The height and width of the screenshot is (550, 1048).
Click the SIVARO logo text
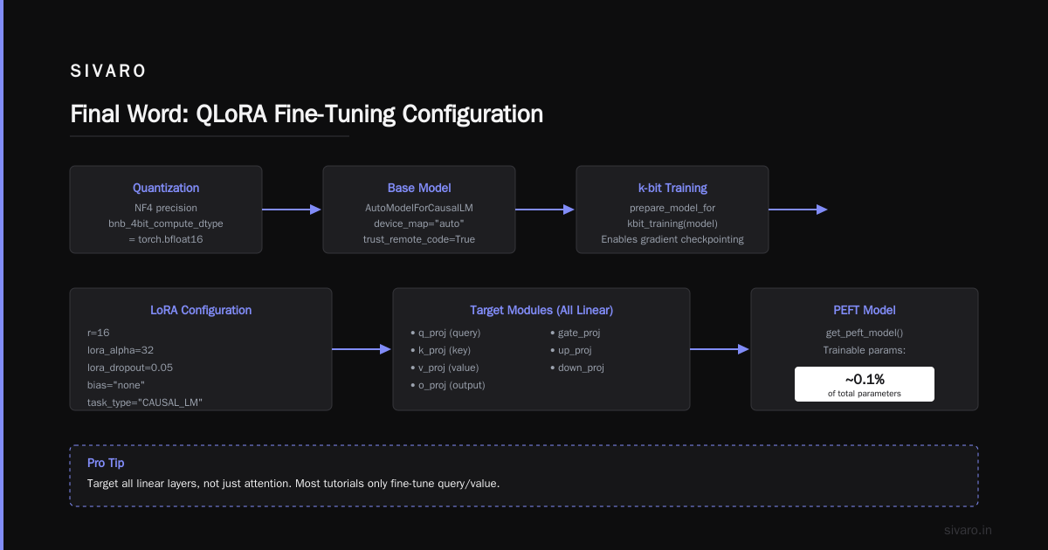107,71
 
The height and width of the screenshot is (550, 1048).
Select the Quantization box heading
166,188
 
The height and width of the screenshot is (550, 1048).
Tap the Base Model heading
419,188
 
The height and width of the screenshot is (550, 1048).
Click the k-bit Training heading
672,188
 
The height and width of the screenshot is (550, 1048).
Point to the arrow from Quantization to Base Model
292,210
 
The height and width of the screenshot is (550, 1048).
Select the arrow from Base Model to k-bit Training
545,210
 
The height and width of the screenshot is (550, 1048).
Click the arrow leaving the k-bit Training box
798,210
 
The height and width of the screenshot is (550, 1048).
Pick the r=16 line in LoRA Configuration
98,333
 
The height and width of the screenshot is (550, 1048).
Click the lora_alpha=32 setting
121,350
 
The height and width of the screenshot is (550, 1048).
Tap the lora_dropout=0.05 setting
130,368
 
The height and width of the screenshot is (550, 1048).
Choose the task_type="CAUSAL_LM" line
145,402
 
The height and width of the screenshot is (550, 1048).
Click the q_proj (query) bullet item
445,333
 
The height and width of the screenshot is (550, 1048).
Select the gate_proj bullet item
575,333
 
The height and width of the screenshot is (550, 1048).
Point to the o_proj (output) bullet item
448,385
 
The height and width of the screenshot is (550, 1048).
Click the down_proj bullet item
577,368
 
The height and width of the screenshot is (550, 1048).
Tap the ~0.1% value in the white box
865,379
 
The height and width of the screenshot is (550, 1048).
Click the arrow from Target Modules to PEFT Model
720,349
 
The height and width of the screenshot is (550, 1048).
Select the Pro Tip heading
106,463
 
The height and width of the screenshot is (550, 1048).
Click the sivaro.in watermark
968,531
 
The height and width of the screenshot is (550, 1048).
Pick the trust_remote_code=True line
419,239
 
